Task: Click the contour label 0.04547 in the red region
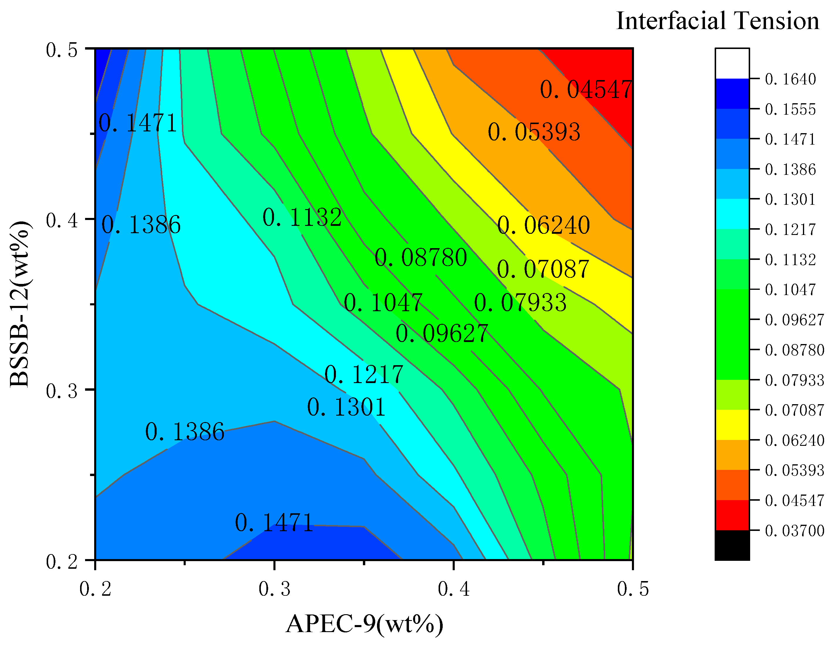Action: [x=586, y=90]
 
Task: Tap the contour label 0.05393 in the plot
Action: [x=534, y=132]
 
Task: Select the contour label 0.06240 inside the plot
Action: [x=544, y=225]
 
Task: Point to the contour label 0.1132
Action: [x=302, y=218]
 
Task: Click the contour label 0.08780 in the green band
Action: [x=421, y=258]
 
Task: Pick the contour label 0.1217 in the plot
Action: [x=363, y=375]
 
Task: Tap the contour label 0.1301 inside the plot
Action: [x=346, y=407]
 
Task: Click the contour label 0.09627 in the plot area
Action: [x=442, y=334]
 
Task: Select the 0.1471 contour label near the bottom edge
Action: [x=274, y=523]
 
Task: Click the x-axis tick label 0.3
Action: [x=274, y=589]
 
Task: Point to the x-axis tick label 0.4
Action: [x=453, y=589]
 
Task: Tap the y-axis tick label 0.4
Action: [x=62, y=221]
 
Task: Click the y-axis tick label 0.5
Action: [x=62, y=50]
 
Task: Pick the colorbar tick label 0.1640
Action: [x=790, y=79]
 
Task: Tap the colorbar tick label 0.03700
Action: [x=794, y=531]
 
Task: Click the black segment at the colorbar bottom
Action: [x=732, y=545]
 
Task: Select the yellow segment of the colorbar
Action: [x=732, y=425]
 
